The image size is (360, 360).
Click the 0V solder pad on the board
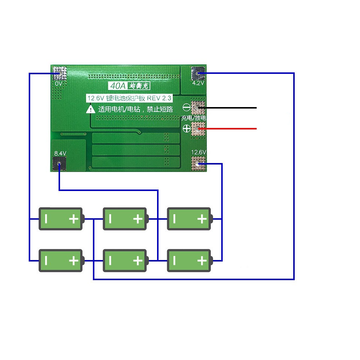[59, 73]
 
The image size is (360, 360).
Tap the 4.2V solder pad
[198, 73]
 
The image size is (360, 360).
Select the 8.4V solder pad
[59, 163]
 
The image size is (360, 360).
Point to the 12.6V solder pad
[198, 164]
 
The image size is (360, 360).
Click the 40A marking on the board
[118, 86]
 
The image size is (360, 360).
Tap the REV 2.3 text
[159, 98]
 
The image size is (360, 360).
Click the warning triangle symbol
[91, 109]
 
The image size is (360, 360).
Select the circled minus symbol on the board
[187, 107]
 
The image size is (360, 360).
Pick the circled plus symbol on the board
[187, 128]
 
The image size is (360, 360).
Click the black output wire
[227, 108]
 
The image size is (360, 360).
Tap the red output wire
[227, 129]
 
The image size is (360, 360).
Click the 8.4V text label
[60, 153]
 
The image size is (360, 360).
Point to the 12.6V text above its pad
[198, 152]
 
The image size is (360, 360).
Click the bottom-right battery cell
[190, 261]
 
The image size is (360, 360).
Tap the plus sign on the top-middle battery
[138, 219]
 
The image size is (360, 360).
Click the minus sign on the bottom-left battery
[46, 261]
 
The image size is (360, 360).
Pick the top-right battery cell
[190, 219]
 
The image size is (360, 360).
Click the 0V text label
[58, 84]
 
